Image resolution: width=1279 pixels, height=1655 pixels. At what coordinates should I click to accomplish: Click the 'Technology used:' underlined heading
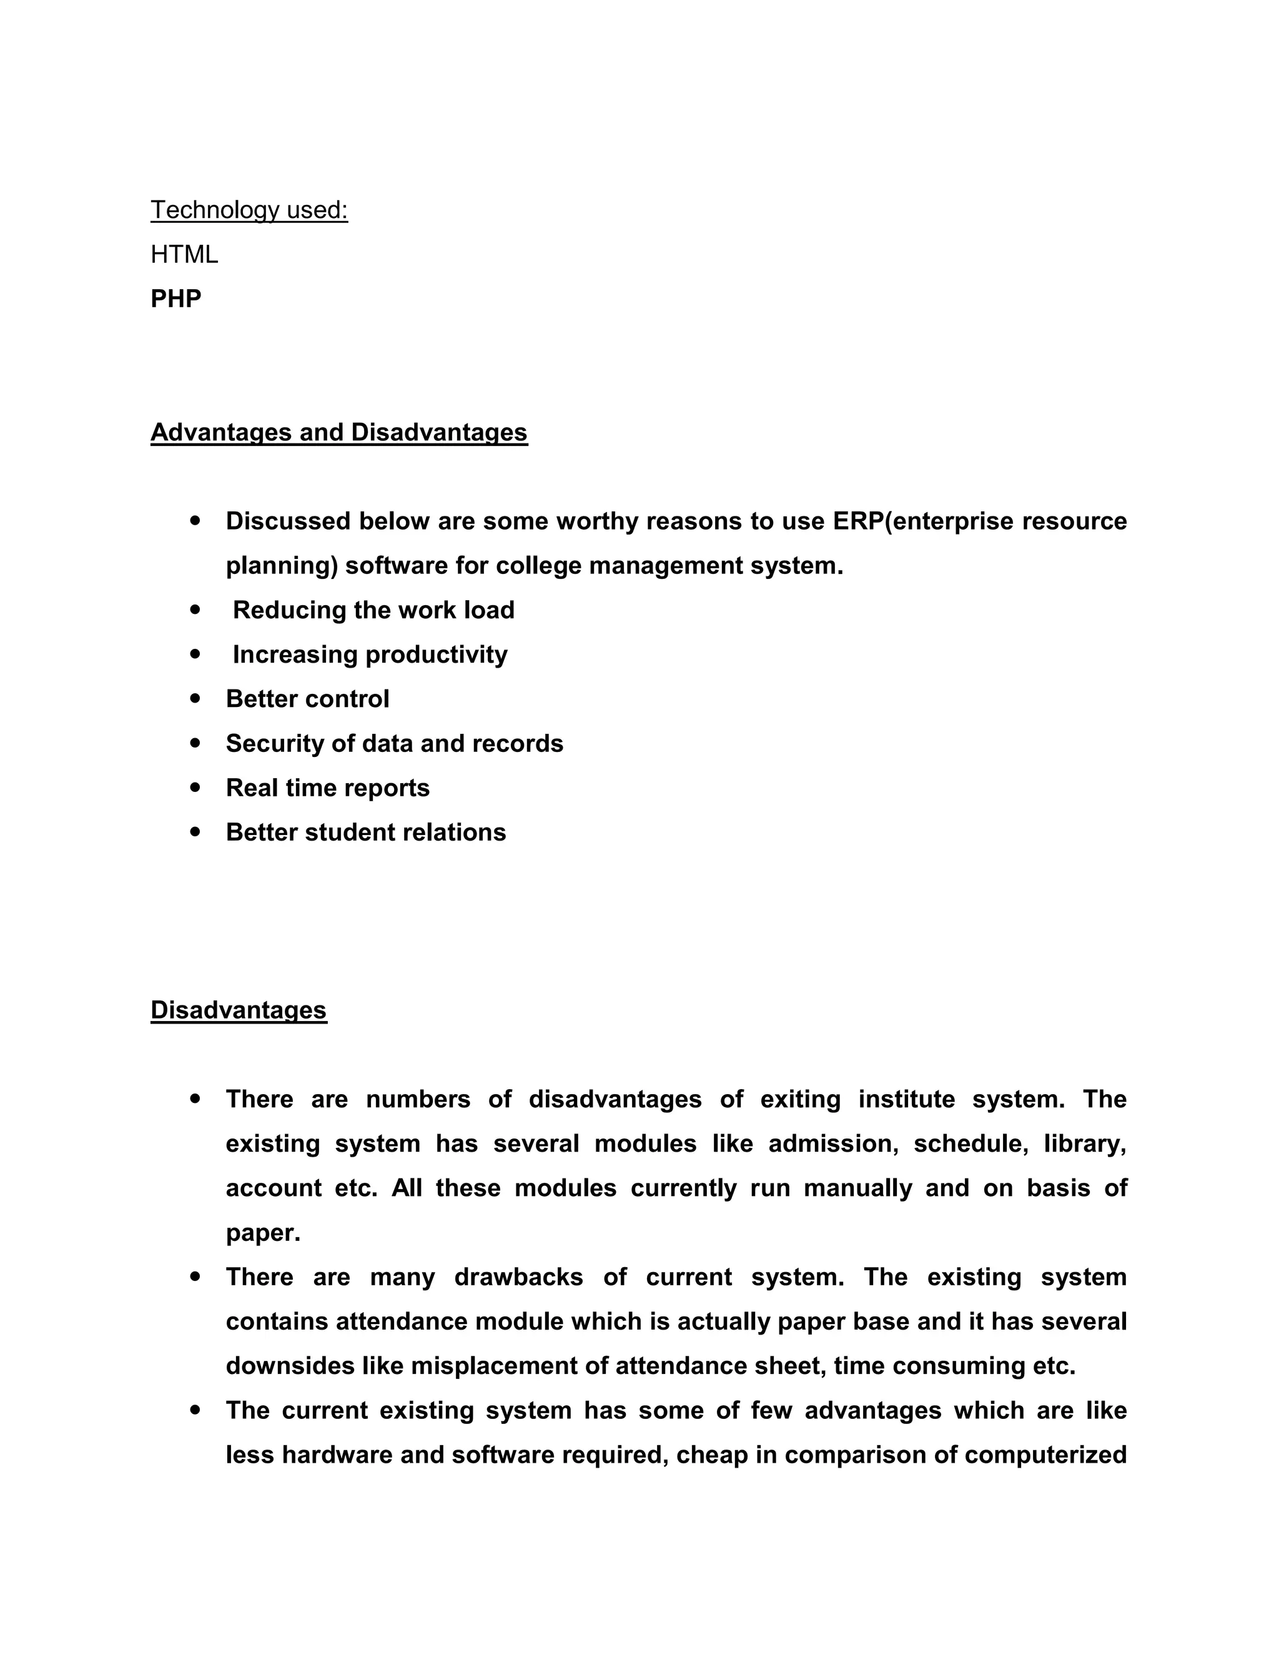point(249,210)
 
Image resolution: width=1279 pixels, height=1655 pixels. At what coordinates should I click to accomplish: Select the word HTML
point(184,255)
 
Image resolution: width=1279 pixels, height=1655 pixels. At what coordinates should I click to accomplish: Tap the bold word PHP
point(175,299)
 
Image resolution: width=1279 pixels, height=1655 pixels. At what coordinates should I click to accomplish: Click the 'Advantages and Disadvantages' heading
point(338,432)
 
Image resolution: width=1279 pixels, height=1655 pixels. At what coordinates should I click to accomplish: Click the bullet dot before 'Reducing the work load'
point(196,610)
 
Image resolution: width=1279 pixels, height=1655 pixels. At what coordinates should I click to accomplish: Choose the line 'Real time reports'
point(327,788)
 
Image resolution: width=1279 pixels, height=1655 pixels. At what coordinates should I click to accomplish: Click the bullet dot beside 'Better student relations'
point(196,832)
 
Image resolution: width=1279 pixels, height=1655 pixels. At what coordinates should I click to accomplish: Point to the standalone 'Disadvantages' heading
point(239,1010)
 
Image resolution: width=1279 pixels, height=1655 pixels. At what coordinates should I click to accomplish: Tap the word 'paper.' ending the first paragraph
point(263,1233)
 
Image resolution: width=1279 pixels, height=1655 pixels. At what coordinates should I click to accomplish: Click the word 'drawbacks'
point(518,1278)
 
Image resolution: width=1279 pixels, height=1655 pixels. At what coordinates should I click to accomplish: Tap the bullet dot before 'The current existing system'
point(196,1410)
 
